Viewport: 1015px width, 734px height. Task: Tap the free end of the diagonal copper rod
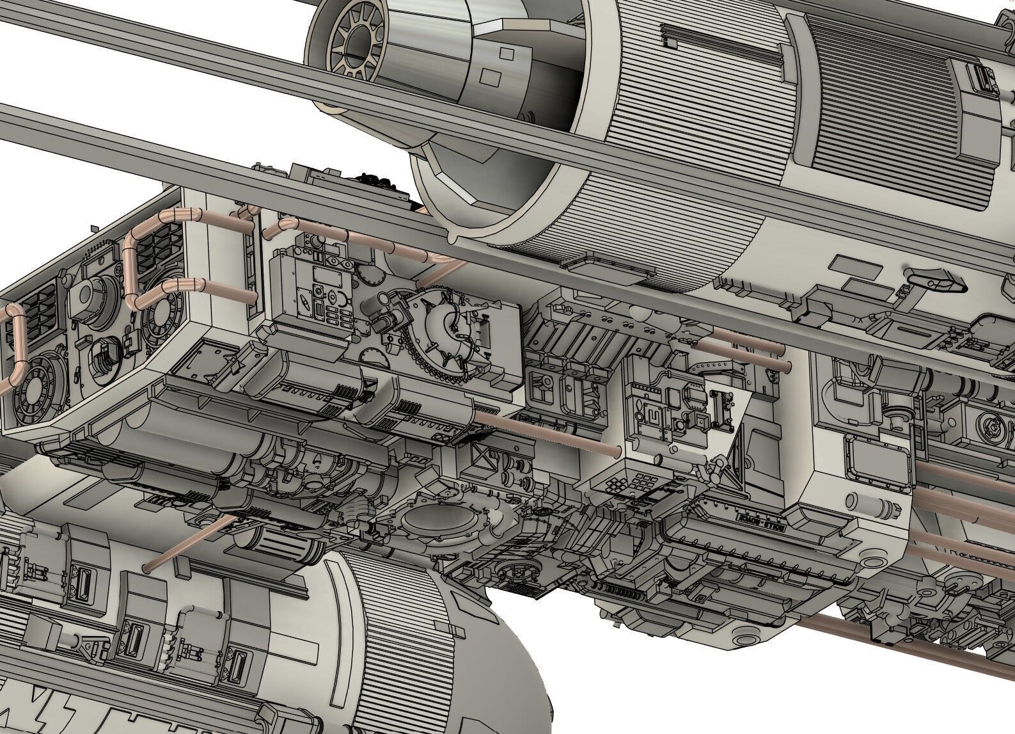tap(148, 566)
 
